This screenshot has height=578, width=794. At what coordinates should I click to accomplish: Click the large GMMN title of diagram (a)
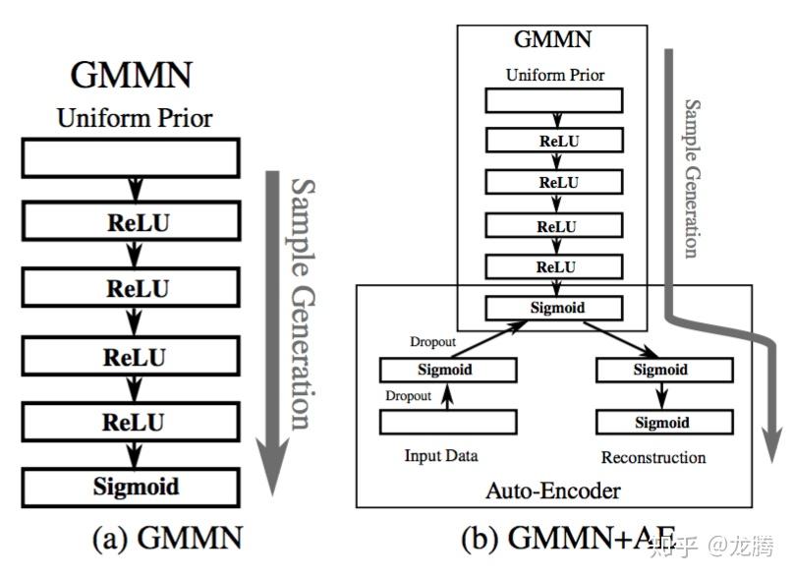pyautogui.click(x=131, y=75)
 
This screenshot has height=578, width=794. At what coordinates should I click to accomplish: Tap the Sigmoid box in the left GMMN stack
pyautogui.click(x=131, y=488)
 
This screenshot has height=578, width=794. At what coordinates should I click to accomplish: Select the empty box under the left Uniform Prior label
pyautogui.click(x=131, y=158)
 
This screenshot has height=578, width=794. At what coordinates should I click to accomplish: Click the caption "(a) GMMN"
pyautogui.click(x=168, y=538)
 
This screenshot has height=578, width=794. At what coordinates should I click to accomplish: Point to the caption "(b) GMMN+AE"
pyautogui.click(x=568, y=538)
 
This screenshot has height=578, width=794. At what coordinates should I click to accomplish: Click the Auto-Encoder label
pyautogui.click(x=553, y=491)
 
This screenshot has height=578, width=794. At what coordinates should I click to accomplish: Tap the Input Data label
pyautogui.click(x=441, y=456)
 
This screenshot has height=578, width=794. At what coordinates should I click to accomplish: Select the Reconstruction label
pyautogui.click(x=653, y=457)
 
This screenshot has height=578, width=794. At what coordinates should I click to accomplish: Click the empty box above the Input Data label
pyautogui.click(x=448, y=422)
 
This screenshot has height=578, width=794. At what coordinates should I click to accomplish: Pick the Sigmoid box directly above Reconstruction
pyautogui.click(x=664, y=422)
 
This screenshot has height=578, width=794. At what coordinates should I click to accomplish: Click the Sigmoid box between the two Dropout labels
pyautogui.click(x=448, y=370)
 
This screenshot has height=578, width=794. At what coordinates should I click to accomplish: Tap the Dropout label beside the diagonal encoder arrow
pyautogui.click(x=433, y=342)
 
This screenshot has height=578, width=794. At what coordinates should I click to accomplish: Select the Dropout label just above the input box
pyautogui.click(x=408, y=395)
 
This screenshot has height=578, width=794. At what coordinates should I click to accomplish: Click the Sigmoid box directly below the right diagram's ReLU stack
pyautogui.click(x=554, y=308)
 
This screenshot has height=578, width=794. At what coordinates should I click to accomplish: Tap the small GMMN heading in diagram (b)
pyautogui.click(x=553, y=39)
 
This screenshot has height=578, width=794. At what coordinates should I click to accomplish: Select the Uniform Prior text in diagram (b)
pyautogui.click(x=555, y=75)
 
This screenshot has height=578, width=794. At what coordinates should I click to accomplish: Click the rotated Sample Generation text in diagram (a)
pyautogui.click(x=303, y=304)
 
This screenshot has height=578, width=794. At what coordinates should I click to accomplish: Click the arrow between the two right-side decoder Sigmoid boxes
pyautogui.click(x=662, y=395)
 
